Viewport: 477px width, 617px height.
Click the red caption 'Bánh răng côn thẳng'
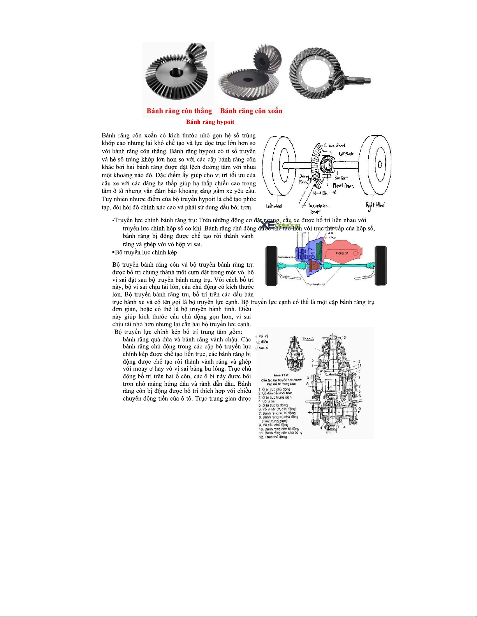tap(179, 111)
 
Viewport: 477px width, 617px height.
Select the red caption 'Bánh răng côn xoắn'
tap(251, 111)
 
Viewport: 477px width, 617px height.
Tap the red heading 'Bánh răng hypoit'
tap(210, 122)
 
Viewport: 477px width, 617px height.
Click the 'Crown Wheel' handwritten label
tap(334, 146)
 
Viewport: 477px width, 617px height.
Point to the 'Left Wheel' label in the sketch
tap(274, 205)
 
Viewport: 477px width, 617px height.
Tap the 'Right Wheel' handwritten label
tap(375, 205)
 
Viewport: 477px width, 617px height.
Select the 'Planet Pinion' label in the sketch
tap(343, 186)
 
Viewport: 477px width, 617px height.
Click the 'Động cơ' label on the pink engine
tap(341, 253)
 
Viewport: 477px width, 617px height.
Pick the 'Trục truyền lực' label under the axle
tap(316, 284)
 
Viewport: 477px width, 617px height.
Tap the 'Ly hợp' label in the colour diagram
tap(331, 237)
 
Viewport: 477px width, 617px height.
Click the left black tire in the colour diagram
tap(271, 265)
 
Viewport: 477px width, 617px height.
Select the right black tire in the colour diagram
tap(381, 265)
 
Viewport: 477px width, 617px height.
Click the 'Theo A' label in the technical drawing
tap(308, 339)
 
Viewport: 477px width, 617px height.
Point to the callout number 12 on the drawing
tap(344, 338)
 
